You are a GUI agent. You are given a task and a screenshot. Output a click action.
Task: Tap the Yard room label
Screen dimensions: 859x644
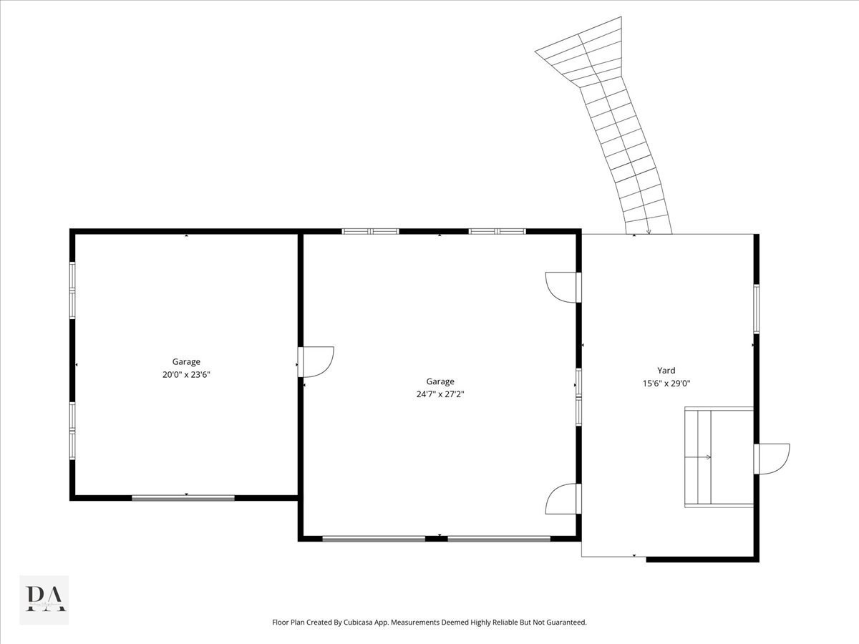[x=666, y=370]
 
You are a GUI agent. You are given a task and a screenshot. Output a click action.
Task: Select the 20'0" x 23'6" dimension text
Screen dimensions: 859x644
[x=186, y=374]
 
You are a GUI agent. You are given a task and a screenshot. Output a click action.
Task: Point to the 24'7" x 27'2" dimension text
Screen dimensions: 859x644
[x=440, y=394]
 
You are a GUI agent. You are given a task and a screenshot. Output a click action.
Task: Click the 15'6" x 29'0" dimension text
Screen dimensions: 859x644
[x=666, y=384]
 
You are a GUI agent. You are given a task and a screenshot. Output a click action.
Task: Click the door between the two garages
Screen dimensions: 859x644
[x=316, y=361]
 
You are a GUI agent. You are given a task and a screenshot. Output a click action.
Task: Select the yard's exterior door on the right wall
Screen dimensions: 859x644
[x=772, y=459]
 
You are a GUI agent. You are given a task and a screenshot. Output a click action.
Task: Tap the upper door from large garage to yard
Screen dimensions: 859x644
[x=563, y=288]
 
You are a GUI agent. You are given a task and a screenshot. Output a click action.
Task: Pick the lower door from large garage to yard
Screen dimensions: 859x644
[x=563, y=499]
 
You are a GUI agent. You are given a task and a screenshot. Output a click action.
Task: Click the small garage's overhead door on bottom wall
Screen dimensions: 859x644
[x=183, y=498]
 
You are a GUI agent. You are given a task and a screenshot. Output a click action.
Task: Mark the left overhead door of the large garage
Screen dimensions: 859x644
[x=374, y=539]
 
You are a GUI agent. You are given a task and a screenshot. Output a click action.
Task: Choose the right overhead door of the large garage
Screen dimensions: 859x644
[x=499, y=539]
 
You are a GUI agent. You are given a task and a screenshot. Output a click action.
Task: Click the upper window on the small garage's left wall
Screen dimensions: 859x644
[x=72, y=290]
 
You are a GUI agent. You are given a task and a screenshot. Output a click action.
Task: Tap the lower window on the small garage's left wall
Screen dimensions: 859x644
[x=72, y=431]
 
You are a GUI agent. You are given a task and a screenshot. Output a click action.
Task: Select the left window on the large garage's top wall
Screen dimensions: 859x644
[x=370, y=231]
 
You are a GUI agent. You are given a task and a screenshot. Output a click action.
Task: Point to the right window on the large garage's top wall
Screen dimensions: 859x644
[x=497, y=231]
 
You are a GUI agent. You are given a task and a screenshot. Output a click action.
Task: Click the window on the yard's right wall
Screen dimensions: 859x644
[x=757, y=309]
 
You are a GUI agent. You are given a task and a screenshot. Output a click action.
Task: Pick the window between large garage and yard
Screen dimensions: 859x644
[x=579, y=397]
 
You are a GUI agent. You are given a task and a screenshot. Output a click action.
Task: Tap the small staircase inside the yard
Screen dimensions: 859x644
[x=719, y=457]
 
